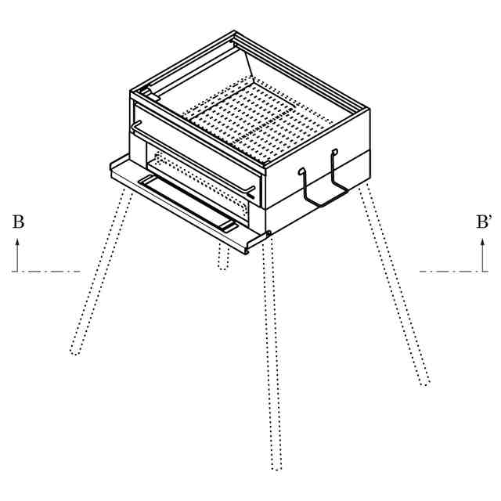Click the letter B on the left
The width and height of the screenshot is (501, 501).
(18, 222)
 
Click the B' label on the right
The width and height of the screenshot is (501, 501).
(483, 222)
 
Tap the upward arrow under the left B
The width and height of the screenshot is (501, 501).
(17, 254)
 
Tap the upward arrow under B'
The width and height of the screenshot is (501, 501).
(483, 254)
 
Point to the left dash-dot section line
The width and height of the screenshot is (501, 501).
(46, 272)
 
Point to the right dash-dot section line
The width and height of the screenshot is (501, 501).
(454, 272)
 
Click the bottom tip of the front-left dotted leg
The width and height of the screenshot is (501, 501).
(75, 353)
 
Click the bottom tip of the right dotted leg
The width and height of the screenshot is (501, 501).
(425, 384)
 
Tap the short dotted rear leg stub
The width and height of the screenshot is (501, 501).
(224, 256)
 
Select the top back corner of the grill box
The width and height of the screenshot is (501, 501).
(235, 31)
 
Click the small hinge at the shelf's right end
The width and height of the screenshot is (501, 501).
(268, 234)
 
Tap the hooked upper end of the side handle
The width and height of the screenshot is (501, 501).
(334, 151)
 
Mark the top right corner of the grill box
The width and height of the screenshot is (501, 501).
(369, 110)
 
